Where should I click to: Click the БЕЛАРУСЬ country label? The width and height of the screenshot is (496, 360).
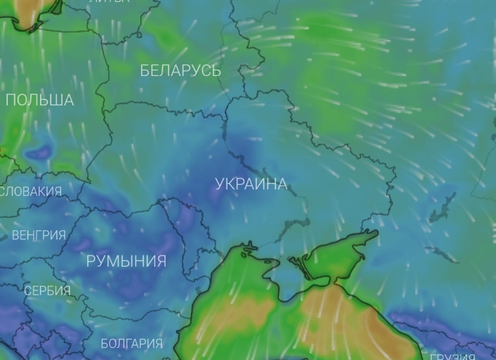[180, 71]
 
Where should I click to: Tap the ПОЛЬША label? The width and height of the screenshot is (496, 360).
[39, 100]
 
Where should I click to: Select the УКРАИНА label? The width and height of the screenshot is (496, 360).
[251, 184]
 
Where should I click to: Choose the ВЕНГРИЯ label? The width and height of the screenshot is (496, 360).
[39, 236]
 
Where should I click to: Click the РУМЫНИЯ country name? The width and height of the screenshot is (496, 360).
[126, 261]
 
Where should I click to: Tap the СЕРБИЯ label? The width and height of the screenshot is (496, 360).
[47, 291]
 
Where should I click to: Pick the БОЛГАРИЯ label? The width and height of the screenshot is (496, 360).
[131, 343]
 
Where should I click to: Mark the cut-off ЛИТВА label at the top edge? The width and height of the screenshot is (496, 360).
[109, 1]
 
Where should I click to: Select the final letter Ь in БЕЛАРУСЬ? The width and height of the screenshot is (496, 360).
[216, 71]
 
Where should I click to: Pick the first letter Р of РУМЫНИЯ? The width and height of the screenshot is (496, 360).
[91, 261]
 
